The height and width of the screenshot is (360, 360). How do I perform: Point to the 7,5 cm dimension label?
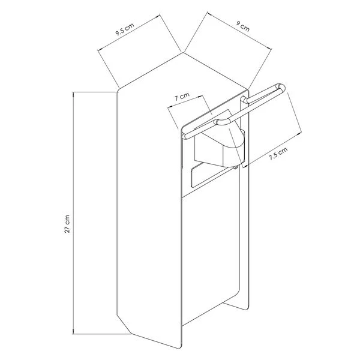(x=278, y=155)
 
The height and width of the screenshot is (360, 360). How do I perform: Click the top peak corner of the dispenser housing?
(x=183, y=53)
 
